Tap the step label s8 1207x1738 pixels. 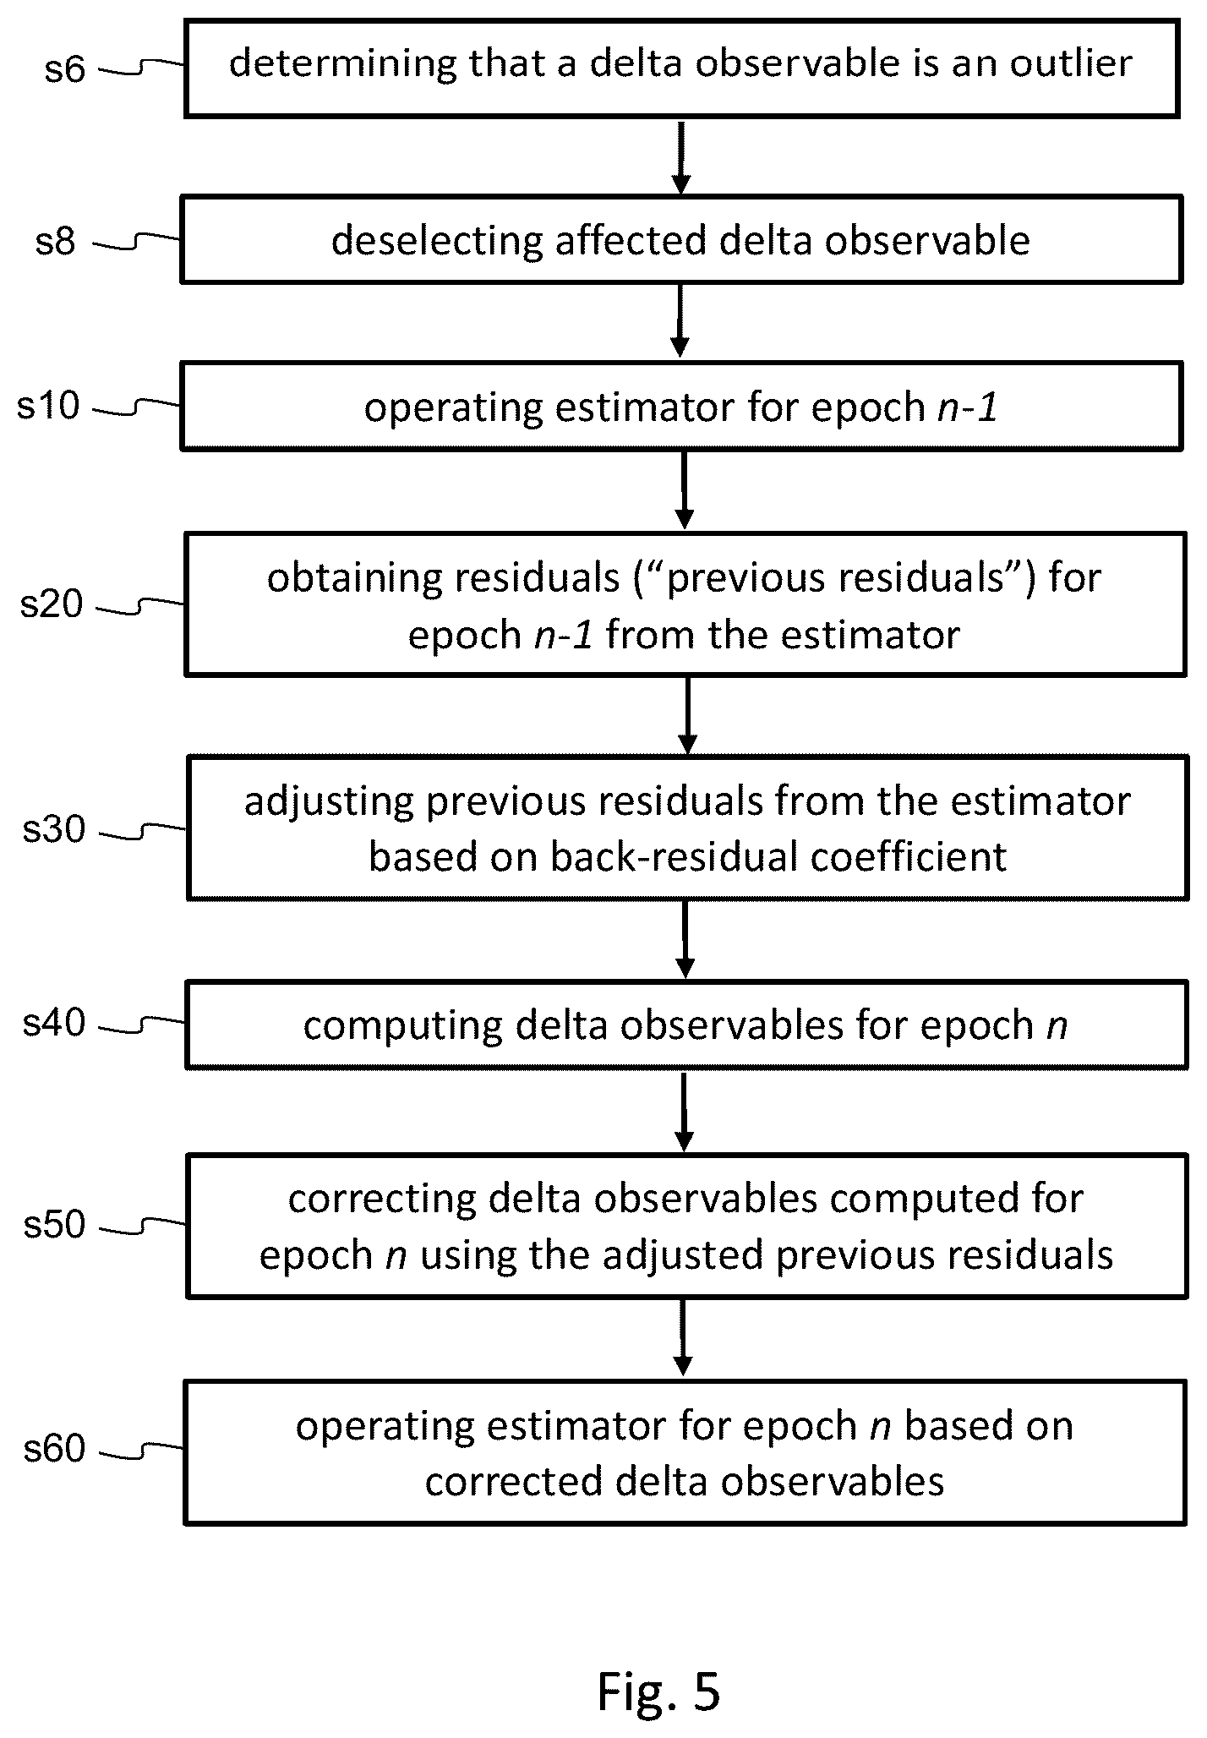click(x=56, y=242)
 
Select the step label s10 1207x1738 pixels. click(x=49, y=406)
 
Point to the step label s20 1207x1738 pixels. click(x=52, y=604)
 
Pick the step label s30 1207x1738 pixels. click(x=54, y=829)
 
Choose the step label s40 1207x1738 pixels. click(x=54, y=1023)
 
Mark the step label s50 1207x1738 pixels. click(x=54, y=1223)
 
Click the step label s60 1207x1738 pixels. click(x=54, y=1448)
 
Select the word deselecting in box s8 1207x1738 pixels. click(x=437, y=242)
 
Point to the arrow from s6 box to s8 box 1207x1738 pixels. click(x=681, y=157)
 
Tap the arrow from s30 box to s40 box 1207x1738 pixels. click(x=685, y=939)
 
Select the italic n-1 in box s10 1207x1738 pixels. click(x=968, y=408)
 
